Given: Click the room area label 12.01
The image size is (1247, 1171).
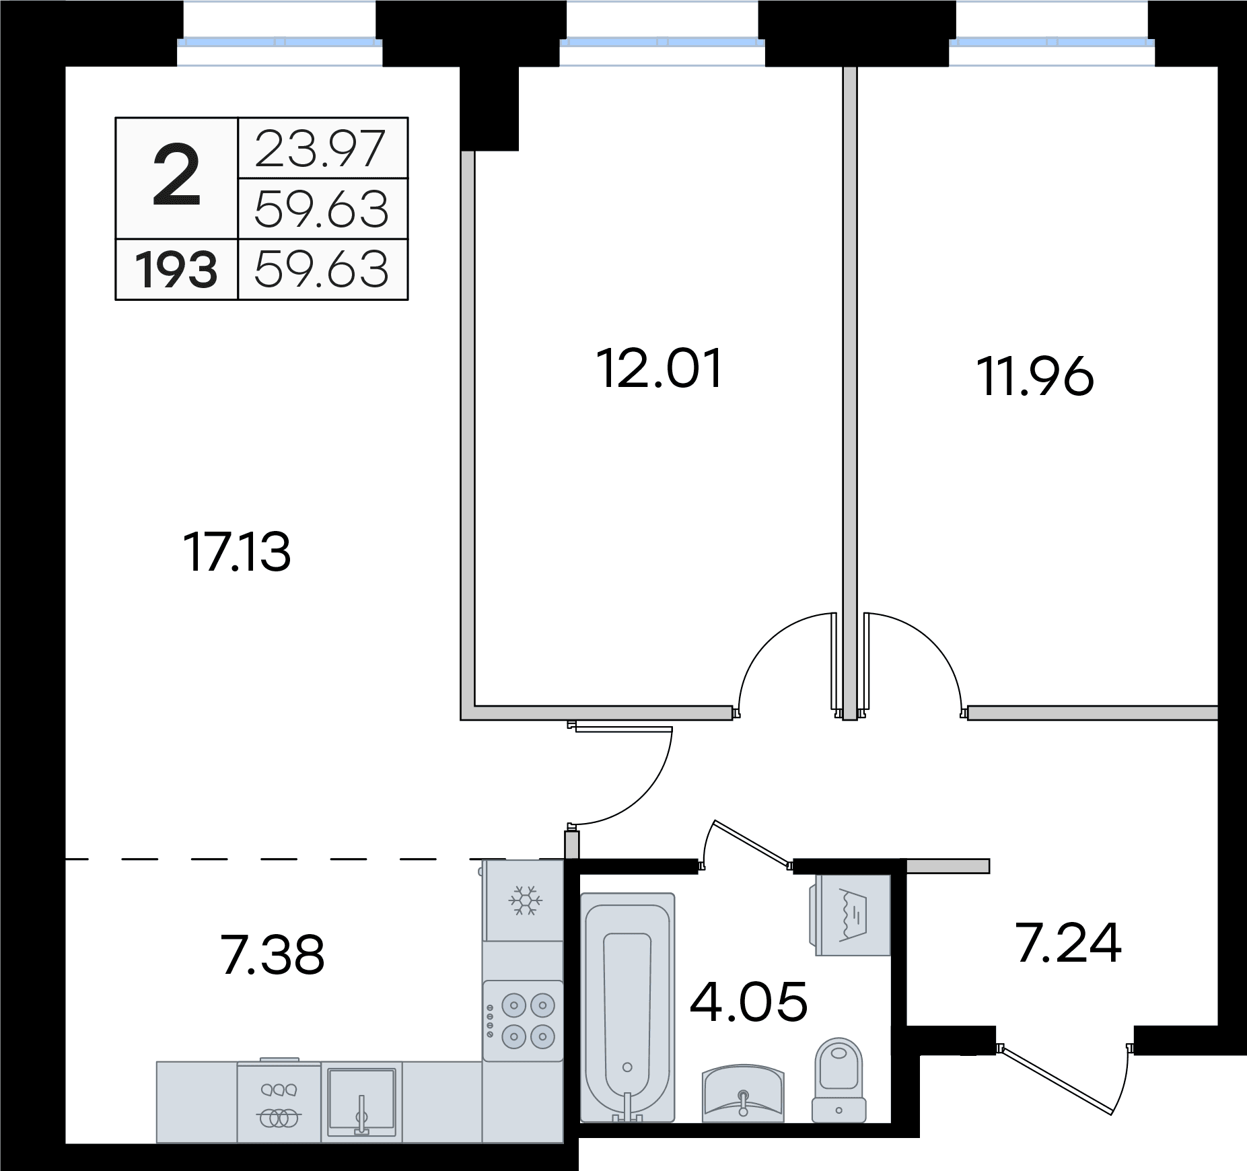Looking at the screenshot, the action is coord(660,368).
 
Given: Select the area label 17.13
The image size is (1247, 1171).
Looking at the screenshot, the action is coord(237,552).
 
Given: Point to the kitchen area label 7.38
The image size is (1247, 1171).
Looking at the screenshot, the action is coord(273,955).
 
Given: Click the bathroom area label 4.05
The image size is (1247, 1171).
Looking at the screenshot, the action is coord(748,1001).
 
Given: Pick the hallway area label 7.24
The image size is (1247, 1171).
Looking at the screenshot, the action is coord(1068,944).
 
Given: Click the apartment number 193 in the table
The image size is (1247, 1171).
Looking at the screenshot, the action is coord(177,270).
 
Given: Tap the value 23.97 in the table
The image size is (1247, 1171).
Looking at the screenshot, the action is coord(320,149).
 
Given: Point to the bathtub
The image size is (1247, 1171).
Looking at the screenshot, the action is coord(627,1007).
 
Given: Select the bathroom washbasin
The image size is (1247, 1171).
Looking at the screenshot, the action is coord(743,1093).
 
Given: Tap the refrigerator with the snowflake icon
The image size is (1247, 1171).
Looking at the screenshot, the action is coord(523,900).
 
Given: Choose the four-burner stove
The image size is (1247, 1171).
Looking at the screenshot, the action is coord(523,1021).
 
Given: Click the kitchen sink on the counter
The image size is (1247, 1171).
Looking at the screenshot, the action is coord(361,1102).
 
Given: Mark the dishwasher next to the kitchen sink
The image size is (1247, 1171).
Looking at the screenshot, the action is coord(279,1102).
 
